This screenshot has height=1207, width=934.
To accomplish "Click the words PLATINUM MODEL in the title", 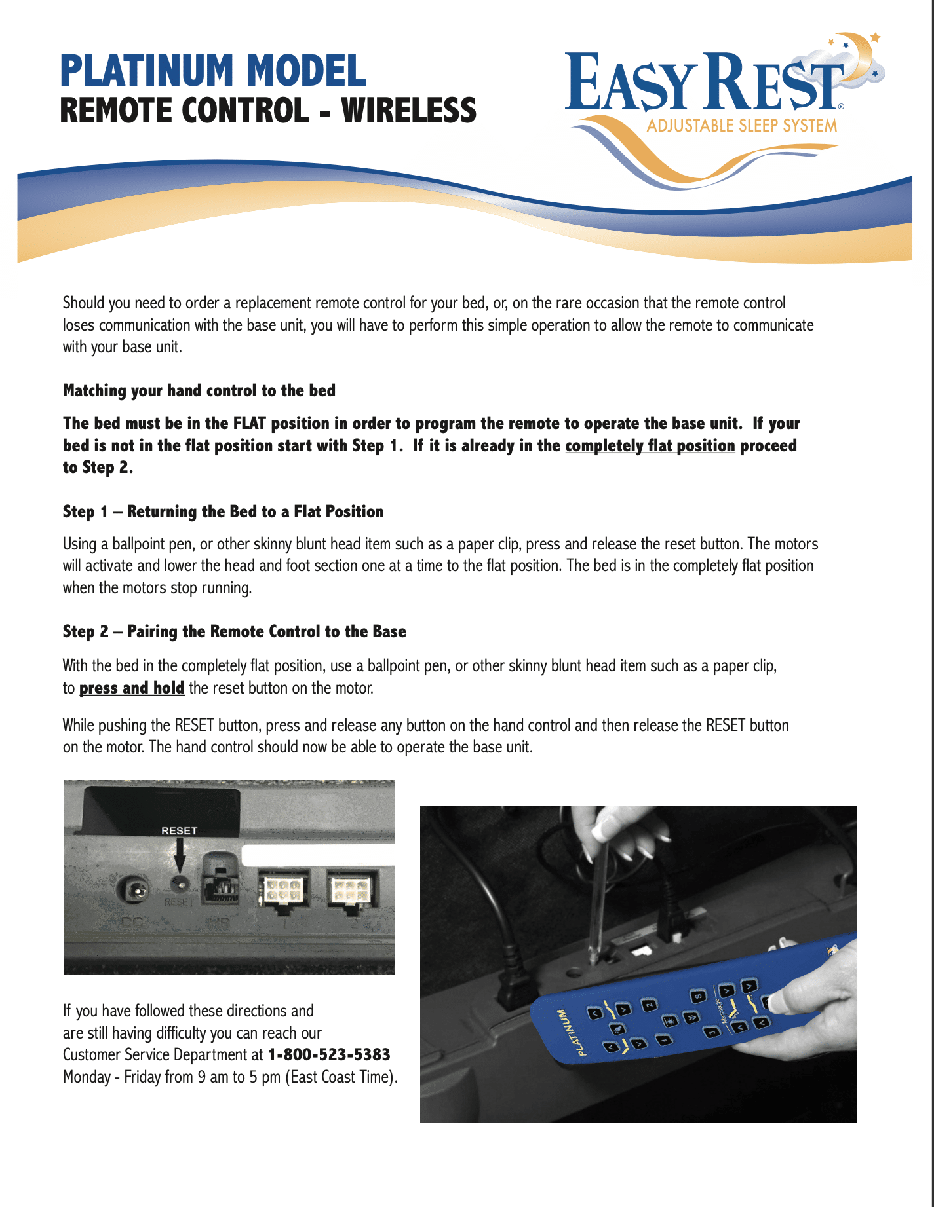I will point(212,71).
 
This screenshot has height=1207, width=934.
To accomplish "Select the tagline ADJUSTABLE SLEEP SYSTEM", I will point(741,126).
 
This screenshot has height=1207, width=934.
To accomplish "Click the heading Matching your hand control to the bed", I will point(199,391).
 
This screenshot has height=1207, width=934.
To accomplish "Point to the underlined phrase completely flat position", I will point(650,446).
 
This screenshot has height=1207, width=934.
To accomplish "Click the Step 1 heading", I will point(223,512).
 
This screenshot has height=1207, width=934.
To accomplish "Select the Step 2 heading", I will point(234,632).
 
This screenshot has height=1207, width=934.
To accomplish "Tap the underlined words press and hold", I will point(131,688).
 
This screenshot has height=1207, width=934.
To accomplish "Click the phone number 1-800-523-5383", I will point(329,1055).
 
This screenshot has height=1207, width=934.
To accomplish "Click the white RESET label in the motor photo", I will point(179,830).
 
